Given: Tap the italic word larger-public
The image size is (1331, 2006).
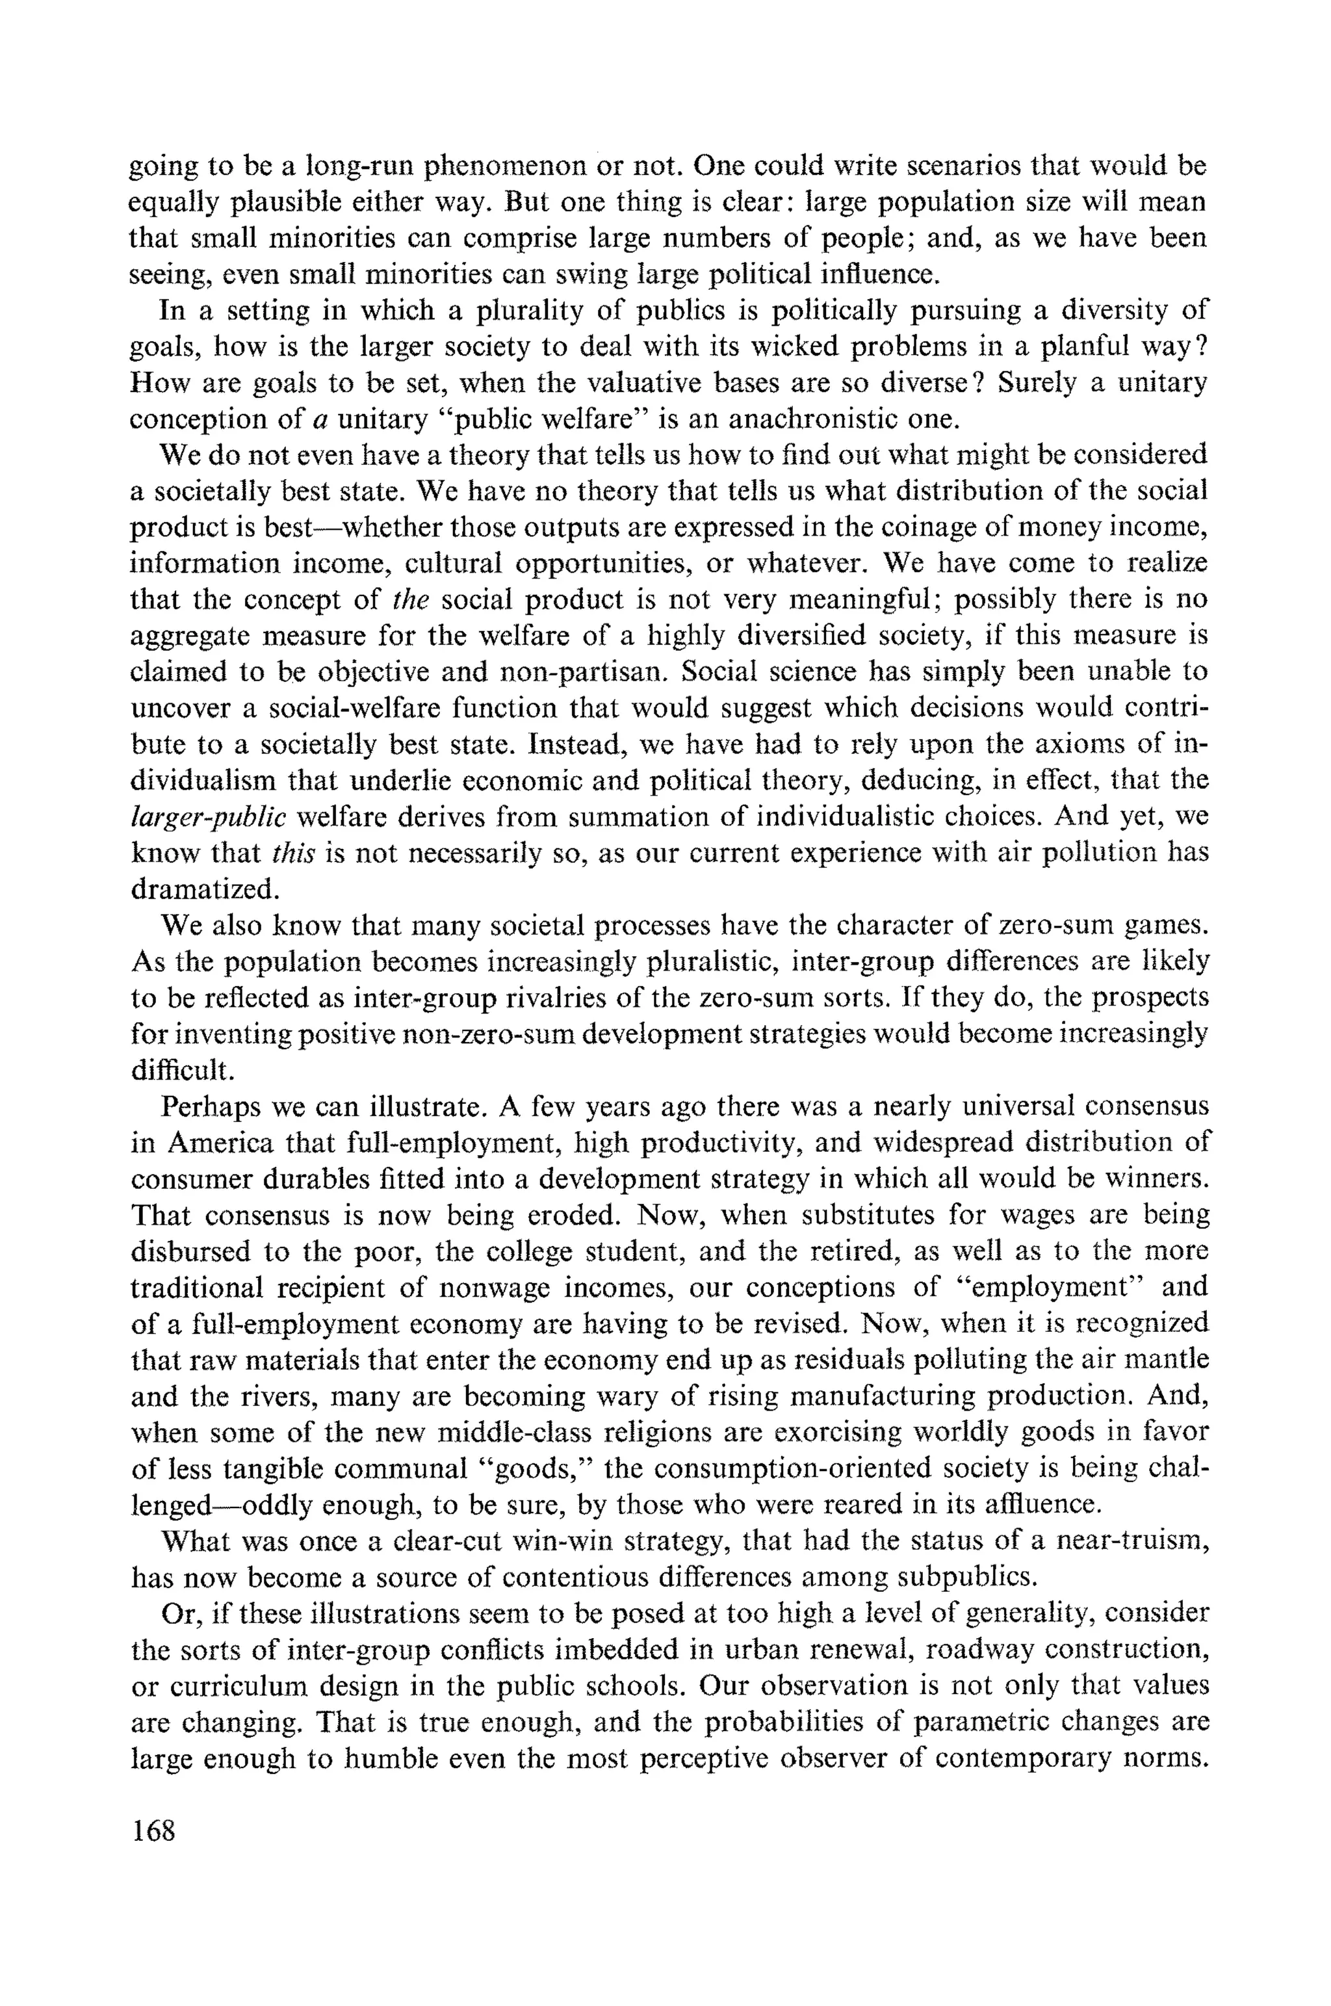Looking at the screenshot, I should [208, 816].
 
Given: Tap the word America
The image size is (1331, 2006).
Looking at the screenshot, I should [220, 1143].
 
